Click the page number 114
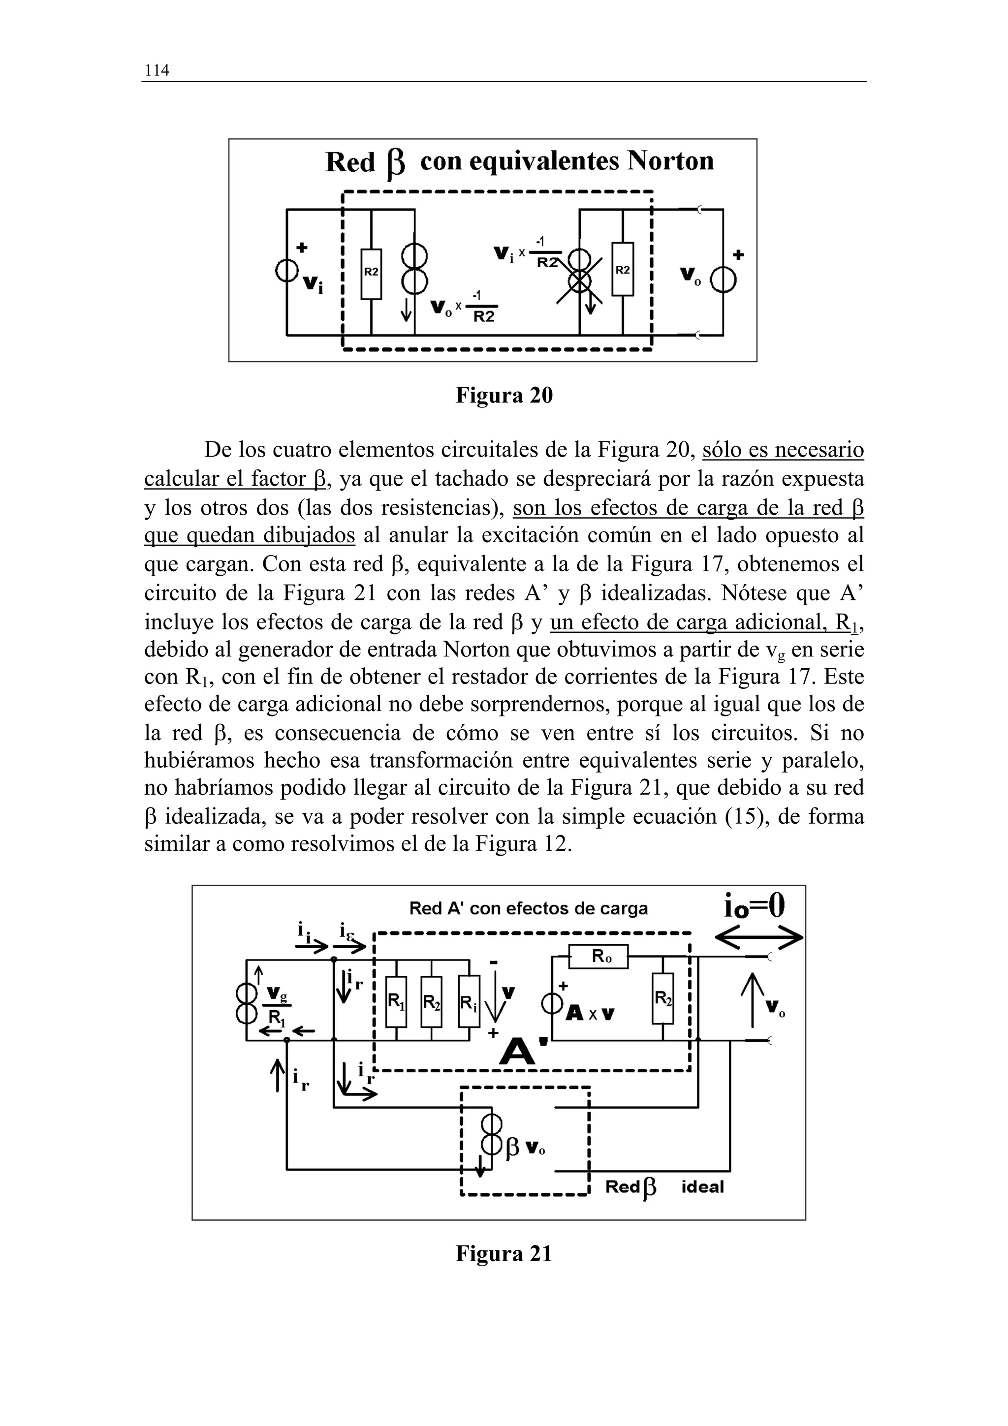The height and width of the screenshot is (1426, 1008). pyautogui.click(x=157, y=70)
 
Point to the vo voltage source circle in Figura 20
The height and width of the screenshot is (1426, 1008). pyautogui.click(x=724, y=282)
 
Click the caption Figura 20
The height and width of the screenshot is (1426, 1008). pyautogui.click(x=504, y=395)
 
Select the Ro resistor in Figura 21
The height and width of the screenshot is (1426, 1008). pyautogui.click(x=598, y=957)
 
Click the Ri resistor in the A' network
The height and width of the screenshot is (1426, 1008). pyautogui.click(x=469, y=1002)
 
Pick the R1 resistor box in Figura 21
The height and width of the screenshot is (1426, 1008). pyautogui.click(x=396, y=1002)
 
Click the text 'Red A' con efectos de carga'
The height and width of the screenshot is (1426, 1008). pyautogui.click(x=528, y=909)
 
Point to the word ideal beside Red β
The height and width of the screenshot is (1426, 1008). pyautogui.click(x=702, y=1187)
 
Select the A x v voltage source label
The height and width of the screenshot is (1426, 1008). pyautogui.click(x=590, y=1014)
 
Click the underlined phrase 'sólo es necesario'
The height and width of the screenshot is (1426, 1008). pyautogui.click(x=783, y=450)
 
